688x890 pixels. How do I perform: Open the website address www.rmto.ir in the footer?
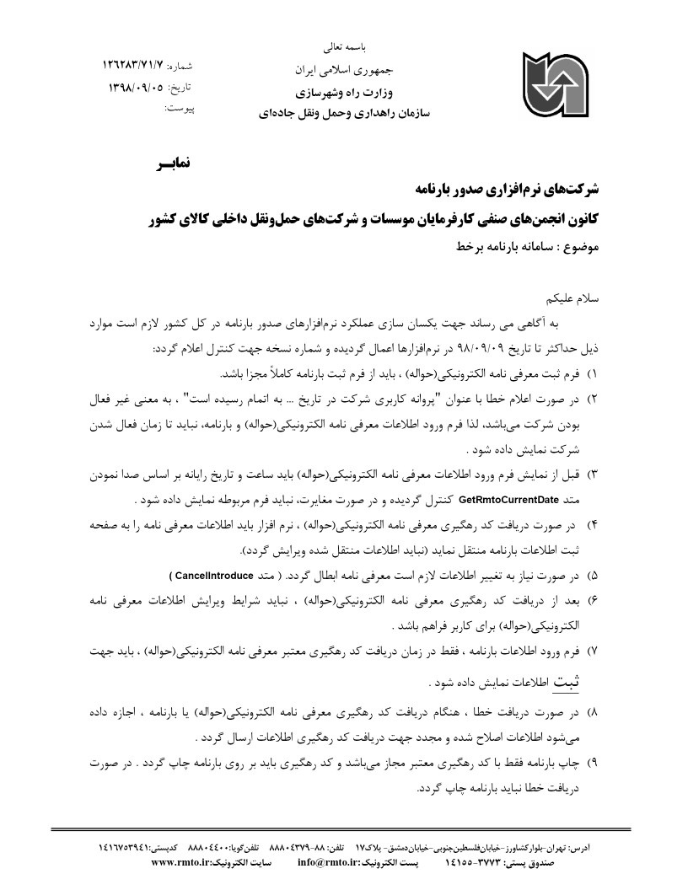point(182,862)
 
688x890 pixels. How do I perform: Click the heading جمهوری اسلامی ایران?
point(342,66)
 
